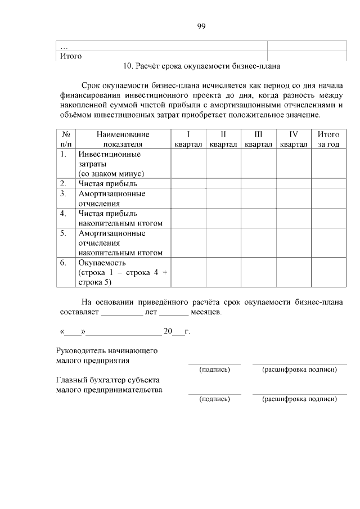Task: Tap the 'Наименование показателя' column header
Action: [123, 139]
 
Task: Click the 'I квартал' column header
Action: [188, 139]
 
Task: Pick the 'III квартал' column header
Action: [258, 139]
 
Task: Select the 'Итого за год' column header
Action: [328, 139]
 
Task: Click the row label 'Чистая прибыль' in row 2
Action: [107, 183]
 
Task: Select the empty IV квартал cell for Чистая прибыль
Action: [293, 183]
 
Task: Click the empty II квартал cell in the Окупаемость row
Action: [223, 272]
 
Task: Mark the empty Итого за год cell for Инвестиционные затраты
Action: [328, 163]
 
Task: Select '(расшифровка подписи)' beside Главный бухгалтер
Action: [299, 399]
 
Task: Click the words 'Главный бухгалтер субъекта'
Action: [108, 380]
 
